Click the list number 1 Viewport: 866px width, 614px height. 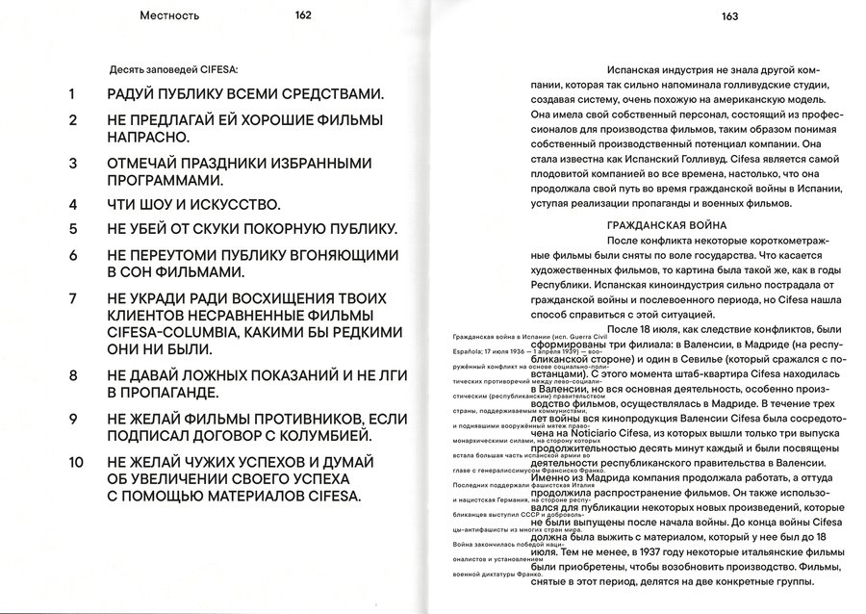click(x=70, y=94)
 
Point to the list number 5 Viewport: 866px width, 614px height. click(x=70, y=230)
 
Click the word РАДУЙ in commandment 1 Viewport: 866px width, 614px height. click(x=134, y=94)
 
